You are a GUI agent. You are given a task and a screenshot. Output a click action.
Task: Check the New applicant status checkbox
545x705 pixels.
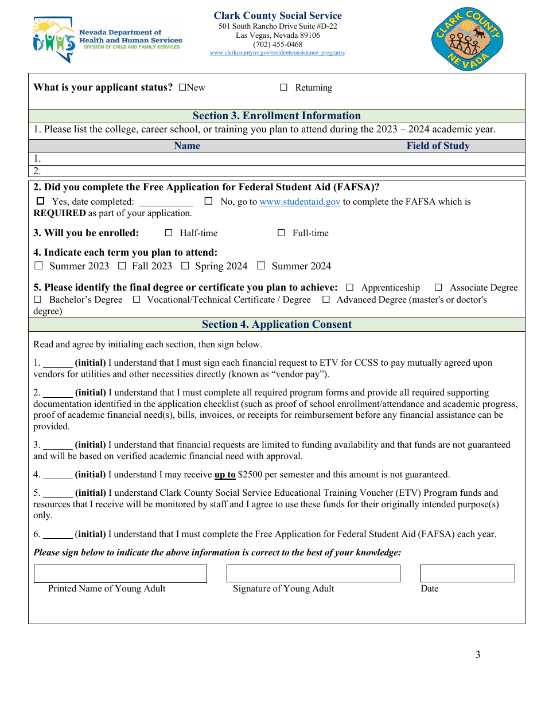click(x=182, y=88)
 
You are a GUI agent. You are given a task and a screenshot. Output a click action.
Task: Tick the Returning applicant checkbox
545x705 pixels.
click(x=283, y=88)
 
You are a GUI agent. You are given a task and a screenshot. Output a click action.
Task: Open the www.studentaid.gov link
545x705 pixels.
click(x=299, y=202)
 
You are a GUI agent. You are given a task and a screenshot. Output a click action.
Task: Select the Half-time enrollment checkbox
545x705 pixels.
click(x=169, y=233)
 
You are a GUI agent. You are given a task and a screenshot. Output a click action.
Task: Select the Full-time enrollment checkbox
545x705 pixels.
click(x=281, y=233)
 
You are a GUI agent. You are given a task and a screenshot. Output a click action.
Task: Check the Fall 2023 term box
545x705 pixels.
click(x=122, y=266)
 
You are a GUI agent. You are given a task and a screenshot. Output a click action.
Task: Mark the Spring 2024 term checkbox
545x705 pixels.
click(x=185, y=266)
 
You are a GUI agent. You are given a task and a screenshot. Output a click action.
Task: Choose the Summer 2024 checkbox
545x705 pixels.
click(x=261, y=266)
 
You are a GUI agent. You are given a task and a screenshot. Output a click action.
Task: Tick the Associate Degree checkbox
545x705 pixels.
click(x=438, y=288)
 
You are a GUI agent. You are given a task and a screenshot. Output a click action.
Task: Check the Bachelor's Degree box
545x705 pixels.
click(x=38, y=300)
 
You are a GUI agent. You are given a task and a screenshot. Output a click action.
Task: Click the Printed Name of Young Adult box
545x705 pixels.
click(x=120, y=574)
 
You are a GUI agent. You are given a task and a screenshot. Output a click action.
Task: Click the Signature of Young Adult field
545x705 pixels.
click(x=313, y=574)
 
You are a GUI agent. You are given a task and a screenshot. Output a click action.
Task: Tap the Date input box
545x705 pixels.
click(x=467, y=574)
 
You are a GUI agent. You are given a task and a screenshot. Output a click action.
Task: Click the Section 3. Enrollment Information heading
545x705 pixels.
click(x=277, y=116)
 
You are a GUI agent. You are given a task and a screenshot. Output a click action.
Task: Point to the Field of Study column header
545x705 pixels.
click(x=438, y=146)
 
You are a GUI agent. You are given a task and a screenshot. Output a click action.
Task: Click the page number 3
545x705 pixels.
click(x=478, y=655)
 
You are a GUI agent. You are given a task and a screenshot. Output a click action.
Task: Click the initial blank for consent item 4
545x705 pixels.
click(x=58, y=475)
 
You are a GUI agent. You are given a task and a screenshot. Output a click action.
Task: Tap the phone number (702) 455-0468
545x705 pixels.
click(x=278, y=45)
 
